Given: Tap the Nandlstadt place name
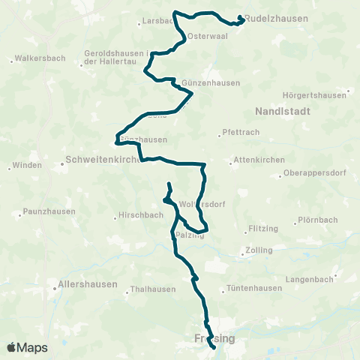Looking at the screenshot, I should (281, 110).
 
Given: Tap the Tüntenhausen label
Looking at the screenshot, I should (255, 289).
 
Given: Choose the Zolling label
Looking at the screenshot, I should (258, 250).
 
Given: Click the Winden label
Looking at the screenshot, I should (28, 166).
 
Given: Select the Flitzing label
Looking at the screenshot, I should (263, 228).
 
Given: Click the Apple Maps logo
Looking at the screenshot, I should (27, 347).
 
